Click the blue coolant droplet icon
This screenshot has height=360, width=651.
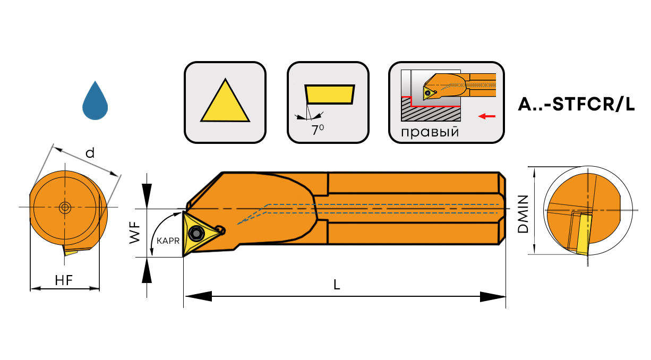95,102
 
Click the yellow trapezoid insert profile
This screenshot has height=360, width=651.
329,94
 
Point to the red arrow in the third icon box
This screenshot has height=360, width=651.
487,115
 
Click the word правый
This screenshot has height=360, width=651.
430,132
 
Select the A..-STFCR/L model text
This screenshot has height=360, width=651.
576,105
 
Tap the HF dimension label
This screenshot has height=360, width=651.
64,281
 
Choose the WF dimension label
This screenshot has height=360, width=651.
136,233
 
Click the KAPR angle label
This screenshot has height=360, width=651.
167,240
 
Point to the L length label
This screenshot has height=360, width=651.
337,284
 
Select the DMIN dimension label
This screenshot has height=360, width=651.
523,214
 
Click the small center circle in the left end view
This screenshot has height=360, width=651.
65,207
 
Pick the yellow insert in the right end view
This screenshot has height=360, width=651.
584,234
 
